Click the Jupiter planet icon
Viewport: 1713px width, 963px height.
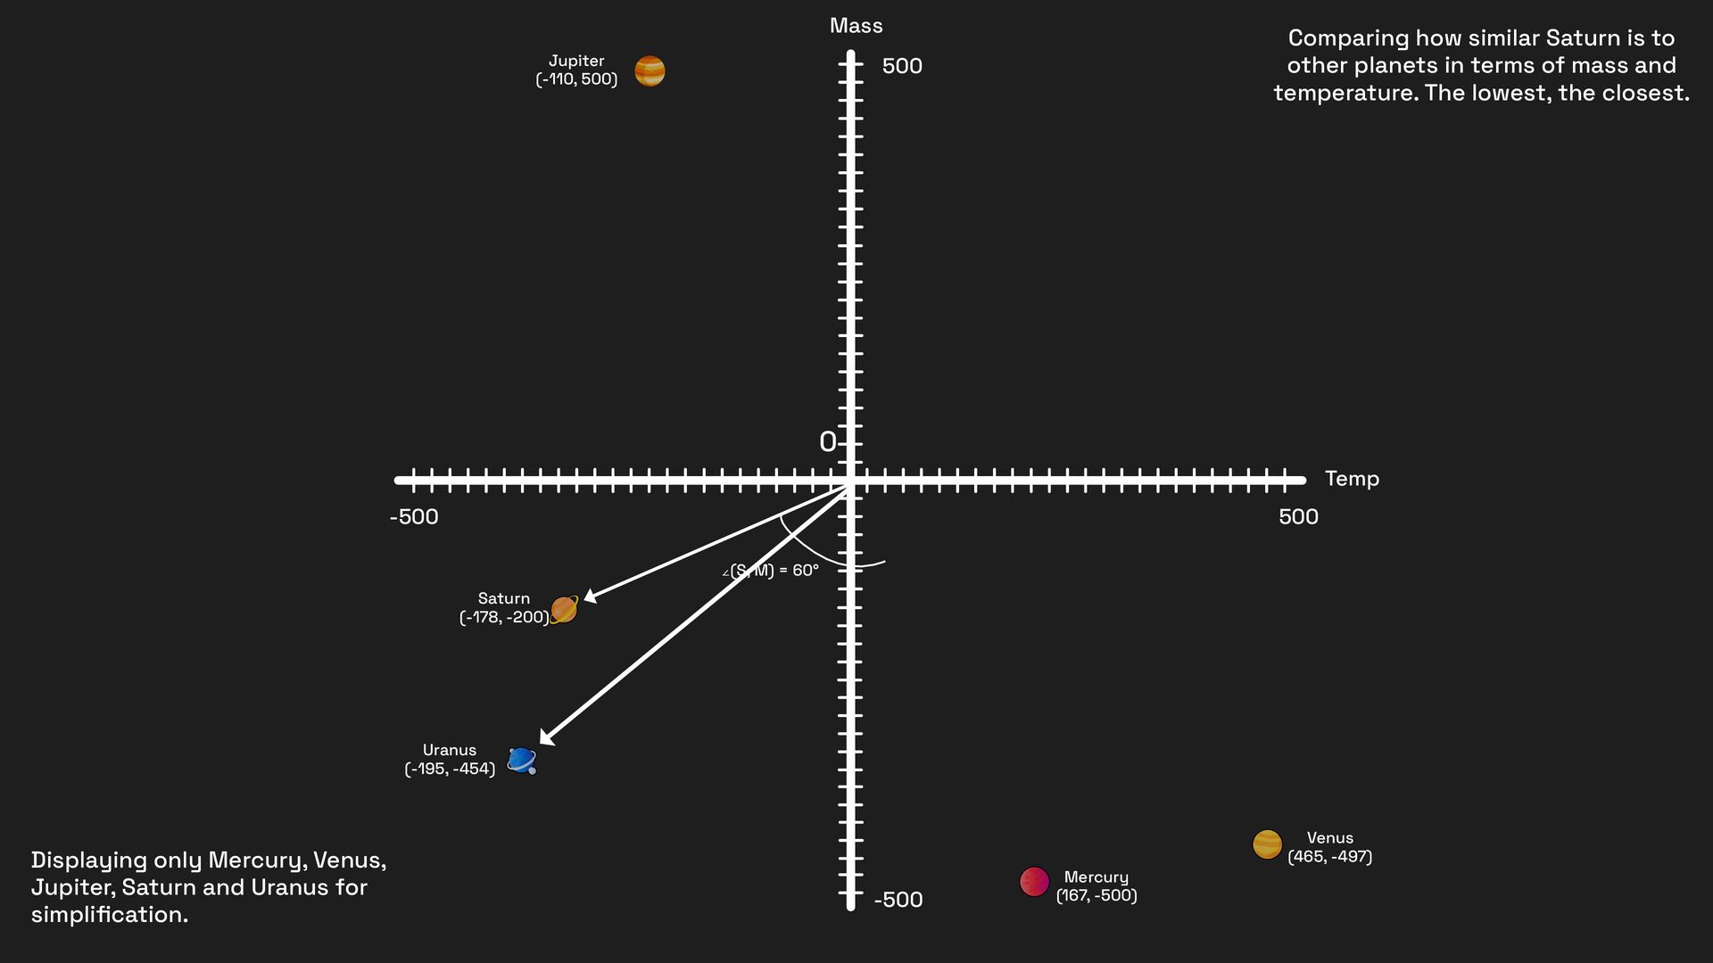[x=650, y=71]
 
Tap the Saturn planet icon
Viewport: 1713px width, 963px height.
[x=564, y=610]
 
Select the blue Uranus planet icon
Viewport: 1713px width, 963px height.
[x=521, y=760]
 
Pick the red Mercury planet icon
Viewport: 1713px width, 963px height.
[x=1034, y=881]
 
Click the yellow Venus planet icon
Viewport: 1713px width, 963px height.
[x=1267, y=844]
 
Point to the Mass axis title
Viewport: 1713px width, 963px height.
[x=856, y=26]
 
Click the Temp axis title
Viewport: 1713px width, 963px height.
[x=1352, y=479]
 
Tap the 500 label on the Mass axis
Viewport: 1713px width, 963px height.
[x=902, y=66]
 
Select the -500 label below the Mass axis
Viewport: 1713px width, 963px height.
[x=898, y=900]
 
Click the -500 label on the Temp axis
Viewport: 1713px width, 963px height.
[x=414, y=517]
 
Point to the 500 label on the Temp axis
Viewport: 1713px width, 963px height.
[x=1298, y=517]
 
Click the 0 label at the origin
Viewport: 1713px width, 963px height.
[x=827, y=442]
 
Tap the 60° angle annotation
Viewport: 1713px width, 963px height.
[x=773, y=571]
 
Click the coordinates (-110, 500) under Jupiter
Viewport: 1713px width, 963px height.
[x=576, y=79]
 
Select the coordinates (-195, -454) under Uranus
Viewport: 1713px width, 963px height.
[x=450, y=769]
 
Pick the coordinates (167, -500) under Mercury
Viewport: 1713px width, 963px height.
[x=1096, y=895]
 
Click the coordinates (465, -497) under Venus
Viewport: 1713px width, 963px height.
[x=1329, y=857]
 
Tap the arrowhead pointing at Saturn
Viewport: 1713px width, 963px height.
[x=590, y=597]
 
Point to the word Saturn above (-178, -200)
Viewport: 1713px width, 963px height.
[x=504, y=598]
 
